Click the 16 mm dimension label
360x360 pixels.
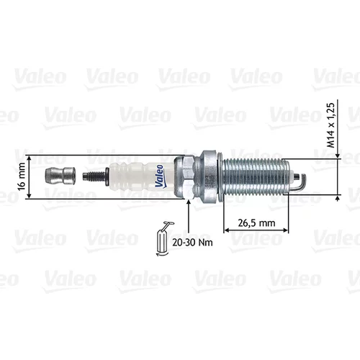[x=22, y=176]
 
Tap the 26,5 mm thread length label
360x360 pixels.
[x=256, y=223]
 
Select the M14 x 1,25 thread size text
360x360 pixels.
[x=330, y=125]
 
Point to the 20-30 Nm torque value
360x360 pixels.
[x=192, y=243]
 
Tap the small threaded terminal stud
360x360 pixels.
[x=94, y=176]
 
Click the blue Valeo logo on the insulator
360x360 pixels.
[x=160, y=176]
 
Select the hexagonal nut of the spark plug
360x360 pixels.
[x=185, y=177]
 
